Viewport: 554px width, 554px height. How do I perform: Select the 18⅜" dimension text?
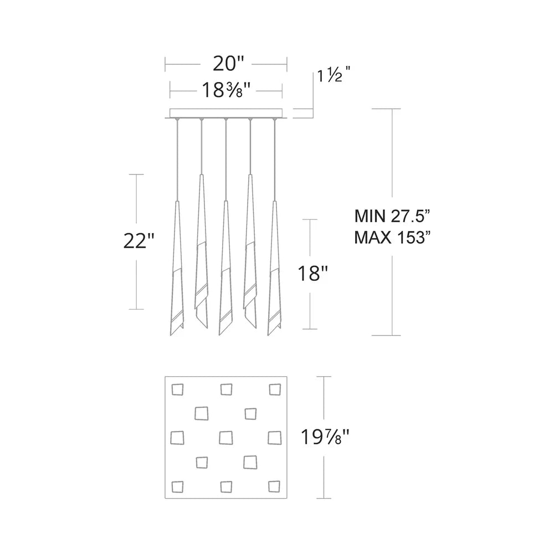(x=226, y=89)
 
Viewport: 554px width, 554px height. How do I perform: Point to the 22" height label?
(x=138, y=242)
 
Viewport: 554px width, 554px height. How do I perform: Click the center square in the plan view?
(x=225, y=437)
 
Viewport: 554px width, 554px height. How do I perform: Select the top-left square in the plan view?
(x=178, y=389)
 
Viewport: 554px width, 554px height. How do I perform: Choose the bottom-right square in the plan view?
(x=274, y=486)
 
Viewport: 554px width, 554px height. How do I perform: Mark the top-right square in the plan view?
(x=275, y=389)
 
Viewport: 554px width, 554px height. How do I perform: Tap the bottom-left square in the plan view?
(x=177, y=486)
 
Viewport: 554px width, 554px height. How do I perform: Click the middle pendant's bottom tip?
(x=220, y=334)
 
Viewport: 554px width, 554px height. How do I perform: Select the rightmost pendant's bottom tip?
(x=269, y=334)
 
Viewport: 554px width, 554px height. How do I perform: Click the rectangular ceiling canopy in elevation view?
(x=226, y=113)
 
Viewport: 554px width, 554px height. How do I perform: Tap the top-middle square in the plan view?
(x=226, y=389)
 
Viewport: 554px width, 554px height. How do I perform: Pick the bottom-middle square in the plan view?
(x=225, y=486)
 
